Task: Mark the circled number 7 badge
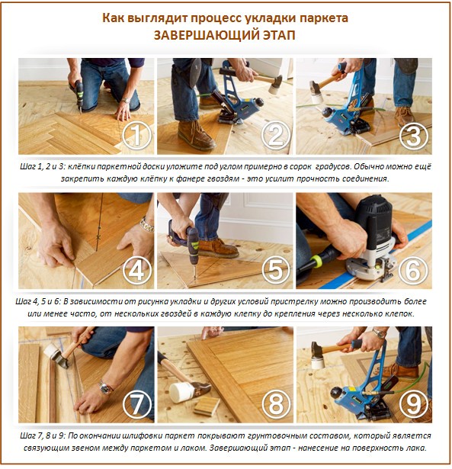click(x=136, y=403)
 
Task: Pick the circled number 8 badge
click(x=275, y=403)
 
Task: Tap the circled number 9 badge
click(x=414, y=403)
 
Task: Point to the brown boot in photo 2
click(x=194, y=136)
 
